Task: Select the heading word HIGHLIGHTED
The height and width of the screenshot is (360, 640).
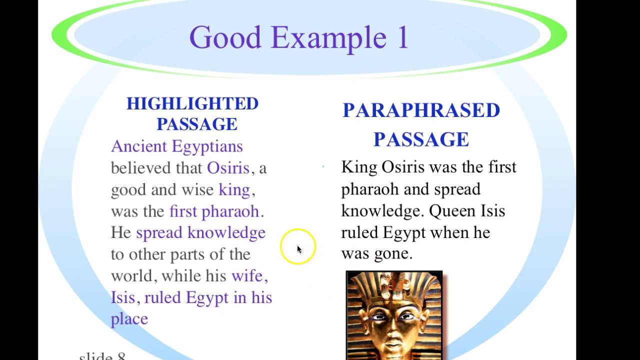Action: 192,103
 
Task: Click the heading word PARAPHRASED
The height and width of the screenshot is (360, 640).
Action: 421,110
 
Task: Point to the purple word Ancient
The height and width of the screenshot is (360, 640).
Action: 138,146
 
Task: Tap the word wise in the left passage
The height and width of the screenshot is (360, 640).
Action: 198,189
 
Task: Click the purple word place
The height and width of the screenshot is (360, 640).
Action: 129,319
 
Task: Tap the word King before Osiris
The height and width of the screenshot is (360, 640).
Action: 359,167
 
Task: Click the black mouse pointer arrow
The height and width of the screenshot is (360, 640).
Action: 299,249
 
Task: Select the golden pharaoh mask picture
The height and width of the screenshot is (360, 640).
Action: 394,315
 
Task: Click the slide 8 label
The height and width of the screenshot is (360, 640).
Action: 102,356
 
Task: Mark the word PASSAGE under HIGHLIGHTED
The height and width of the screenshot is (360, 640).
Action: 196,124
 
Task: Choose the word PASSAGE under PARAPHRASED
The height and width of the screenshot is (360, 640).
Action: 421,139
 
